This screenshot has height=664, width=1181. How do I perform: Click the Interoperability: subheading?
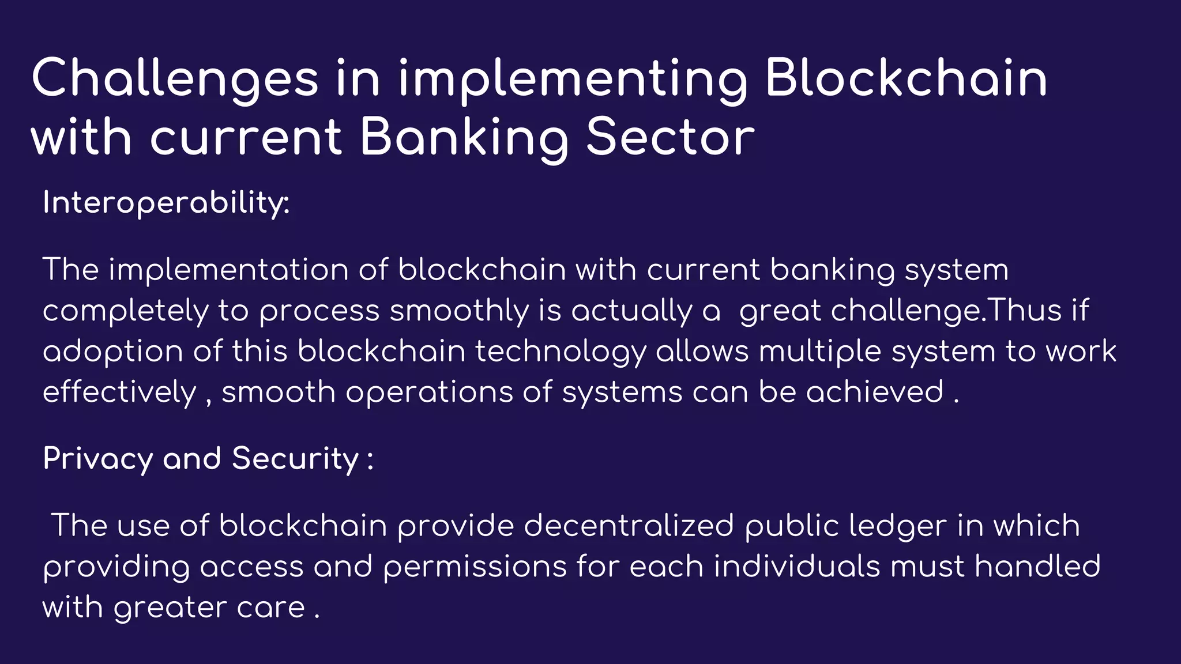coord(166,203)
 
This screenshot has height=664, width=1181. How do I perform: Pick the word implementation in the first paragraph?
coord(228,270)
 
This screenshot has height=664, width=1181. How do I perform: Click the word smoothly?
coord(459,311)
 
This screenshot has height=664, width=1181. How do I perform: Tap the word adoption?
coord(113,352)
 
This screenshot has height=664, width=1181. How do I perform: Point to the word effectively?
coord(119,393)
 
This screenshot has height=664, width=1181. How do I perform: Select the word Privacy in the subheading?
coord(98,459)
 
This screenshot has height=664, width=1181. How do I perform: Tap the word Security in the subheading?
coord(296,459)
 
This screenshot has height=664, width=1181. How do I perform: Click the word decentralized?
coord(629,526)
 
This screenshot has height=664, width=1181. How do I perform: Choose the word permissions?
coord(475,567)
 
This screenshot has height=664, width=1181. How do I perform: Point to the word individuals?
coord(797,567)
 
